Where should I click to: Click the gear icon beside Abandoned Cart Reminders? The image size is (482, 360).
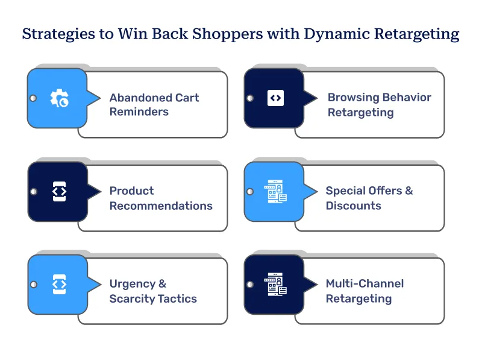(x=59, y=98)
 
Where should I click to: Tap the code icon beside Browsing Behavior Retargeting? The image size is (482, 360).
(x=275, y=98)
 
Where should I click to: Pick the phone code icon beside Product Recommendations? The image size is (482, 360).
(x=59, y=191)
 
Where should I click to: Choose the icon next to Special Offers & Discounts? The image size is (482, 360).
(x=275, y=191)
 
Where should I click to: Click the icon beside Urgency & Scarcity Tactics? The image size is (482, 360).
(x=59, y=284)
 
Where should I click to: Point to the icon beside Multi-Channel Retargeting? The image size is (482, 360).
(x=275, y=284)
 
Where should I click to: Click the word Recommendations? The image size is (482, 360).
(x=161, y=206)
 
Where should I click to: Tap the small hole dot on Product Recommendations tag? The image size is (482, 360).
(x=33, y=191)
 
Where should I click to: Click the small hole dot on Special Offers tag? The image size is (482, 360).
(x=249, y=191)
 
